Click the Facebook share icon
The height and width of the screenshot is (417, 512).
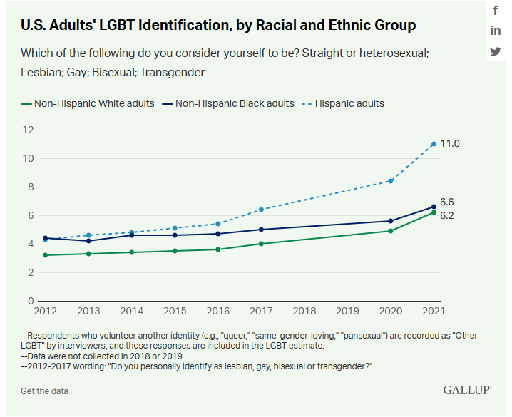point(496,11)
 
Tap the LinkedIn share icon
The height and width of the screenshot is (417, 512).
point(496,31)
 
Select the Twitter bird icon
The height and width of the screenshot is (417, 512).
point(496,51)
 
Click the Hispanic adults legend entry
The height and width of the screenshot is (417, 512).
point(344,103)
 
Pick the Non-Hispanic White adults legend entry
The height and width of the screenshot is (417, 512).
point(88,103)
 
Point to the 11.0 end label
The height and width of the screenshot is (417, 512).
point(450,144)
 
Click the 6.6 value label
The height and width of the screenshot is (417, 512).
point(447,202)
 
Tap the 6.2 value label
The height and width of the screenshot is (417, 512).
point(447,215)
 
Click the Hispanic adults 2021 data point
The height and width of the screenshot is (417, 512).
point(434,144)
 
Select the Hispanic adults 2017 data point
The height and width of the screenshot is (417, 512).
point(261,210)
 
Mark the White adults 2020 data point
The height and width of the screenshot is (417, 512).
point(391,231)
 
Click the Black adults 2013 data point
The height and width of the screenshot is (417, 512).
point(88,241)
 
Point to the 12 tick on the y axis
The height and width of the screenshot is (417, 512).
point(28,130)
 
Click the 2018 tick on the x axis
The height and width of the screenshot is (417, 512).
point(304,312)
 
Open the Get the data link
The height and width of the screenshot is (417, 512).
point(44,391)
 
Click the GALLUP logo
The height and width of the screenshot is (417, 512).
point(467,390)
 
